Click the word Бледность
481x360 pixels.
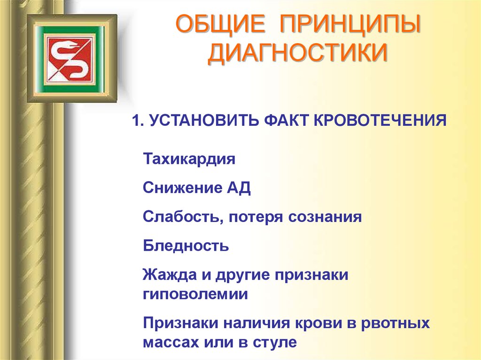click(186, 245)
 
